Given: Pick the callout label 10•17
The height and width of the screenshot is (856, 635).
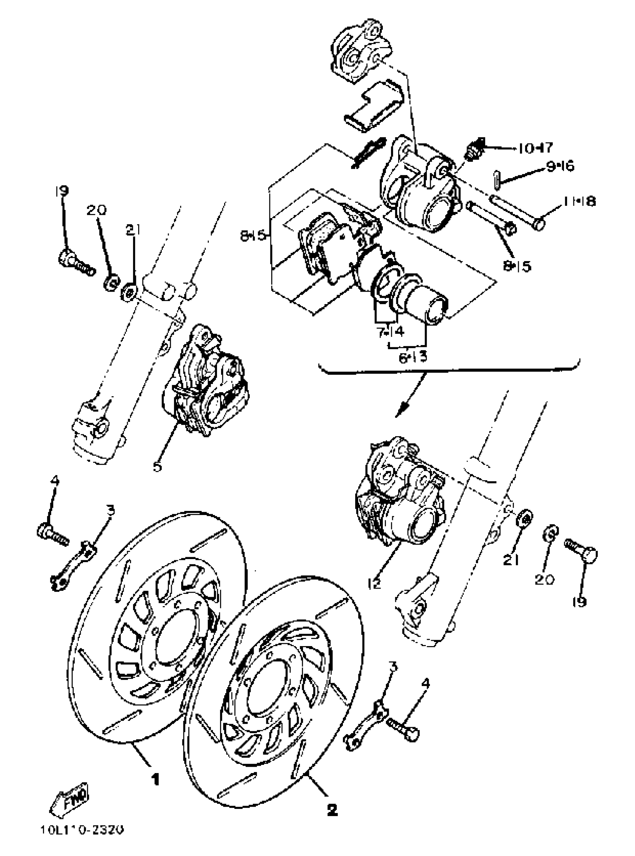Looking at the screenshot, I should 535,148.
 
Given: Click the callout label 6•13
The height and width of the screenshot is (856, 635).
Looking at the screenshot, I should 412,357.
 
